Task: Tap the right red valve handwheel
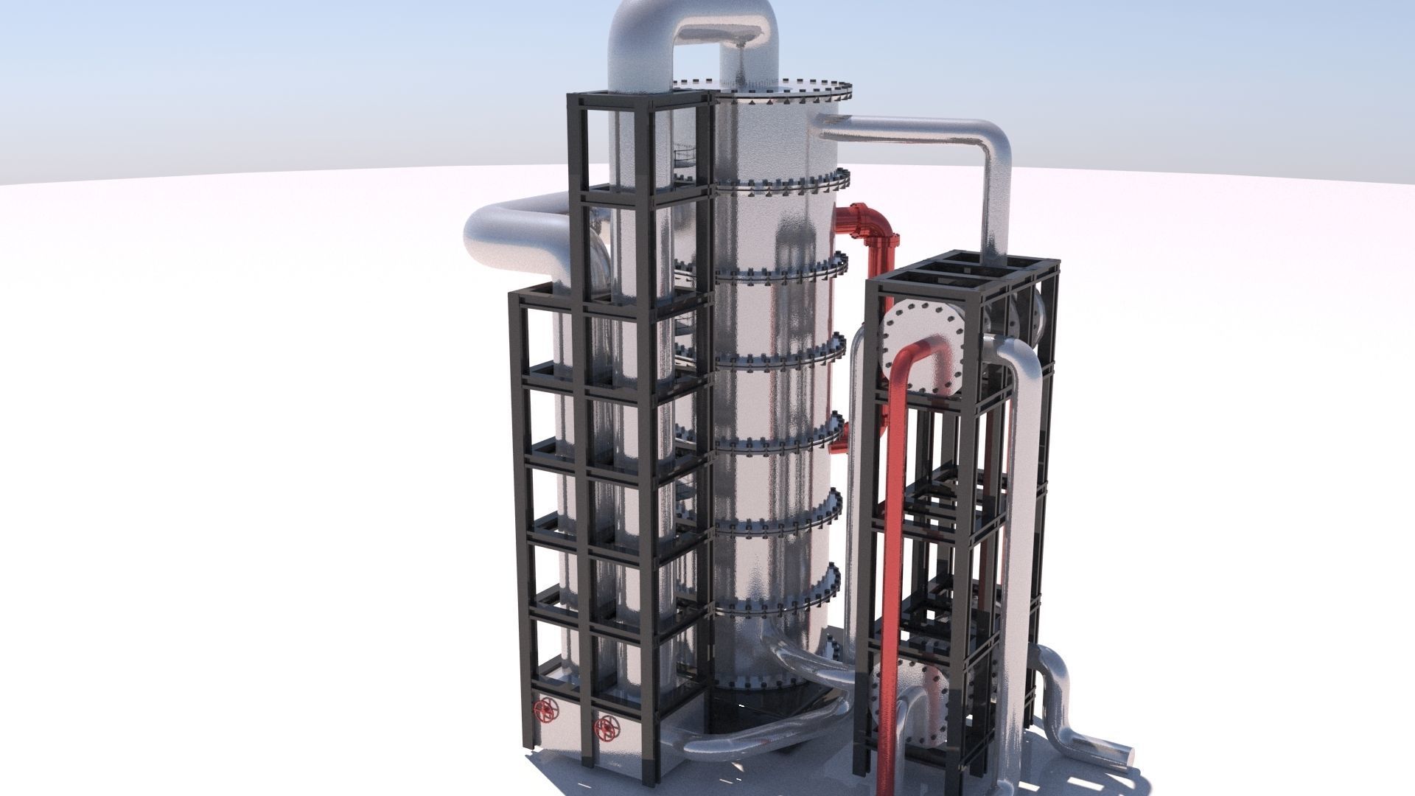[x=607, y=729]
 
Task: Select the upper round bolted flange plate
[x=921, y=346]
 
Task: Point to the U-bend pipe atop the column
[x=693, y=29]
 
